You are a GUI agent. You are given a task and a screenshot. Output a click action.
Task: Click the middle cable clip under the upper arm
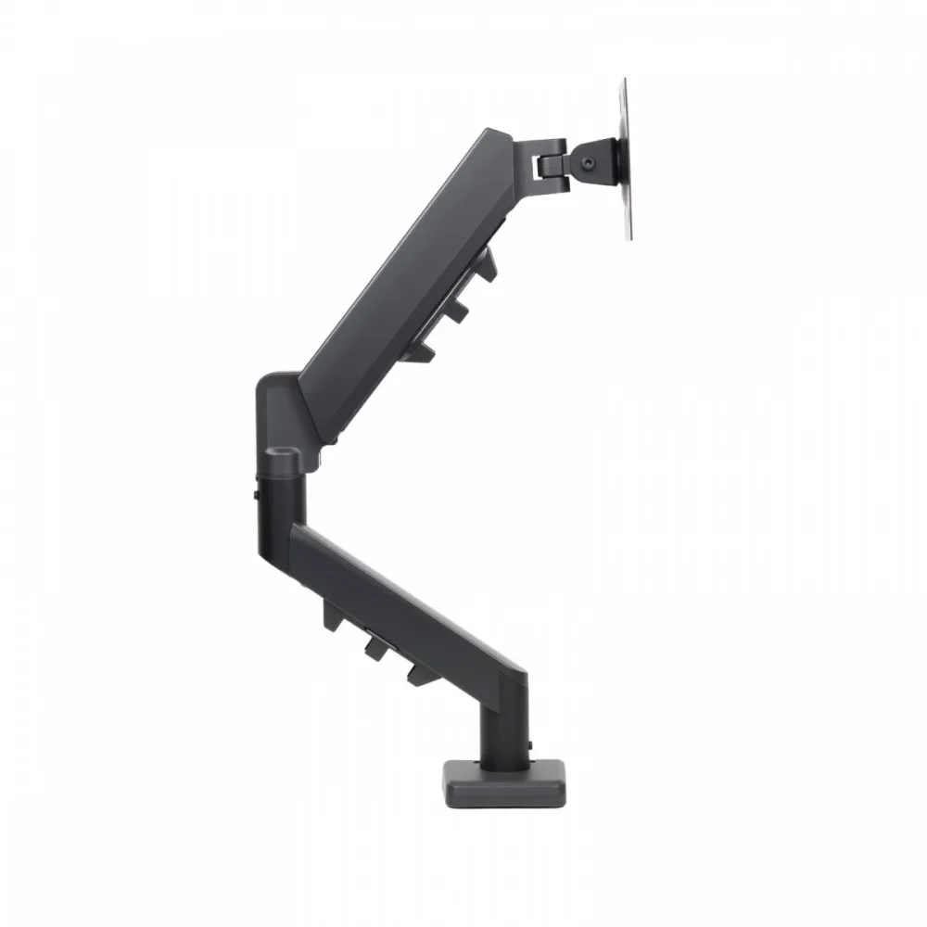[455, 310]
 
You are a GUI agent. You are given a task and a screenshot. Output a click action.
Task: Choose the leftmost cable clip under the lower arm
[332, 613]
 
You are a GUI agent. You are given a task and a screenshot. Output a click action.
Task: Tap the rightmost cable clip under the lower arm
[416, 671]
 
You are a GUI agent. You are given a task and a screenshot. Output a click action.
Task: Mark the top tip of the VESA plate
[624, 81]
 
